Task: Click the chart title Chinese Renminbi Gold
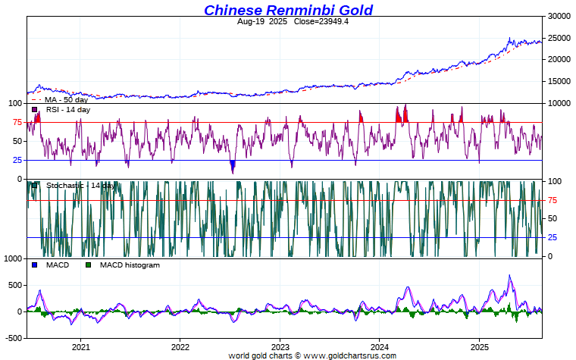click(x=288, y=10)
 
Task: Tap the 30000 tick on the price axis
click(x=558, y=16)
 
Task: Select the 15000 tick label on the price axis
click(x=558, y=82)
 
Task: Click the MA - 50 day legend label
click(x=66, y=99)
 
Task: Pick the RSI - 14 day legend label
click(x=68, y=110)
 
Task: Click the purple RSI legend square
click(x=35, y=110)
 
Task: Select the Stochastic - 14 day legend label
click(x=80, y=186)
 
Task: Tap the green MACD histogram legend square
click(x=88, y=265)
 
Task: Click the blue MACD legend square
click(x=35, y=265)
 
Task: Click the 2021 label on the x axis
click(x=81, y=347)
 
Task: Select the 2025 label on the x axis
click(x=479, y=347)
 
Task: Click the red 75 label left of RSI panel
click(x=16, y=122)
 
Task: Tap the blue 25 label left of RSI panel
click(x=16, y=160)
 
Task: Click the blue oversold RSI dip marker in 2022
click(x=233, y=164)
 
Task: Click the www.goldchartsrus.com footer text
click(x=349, y=355)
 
